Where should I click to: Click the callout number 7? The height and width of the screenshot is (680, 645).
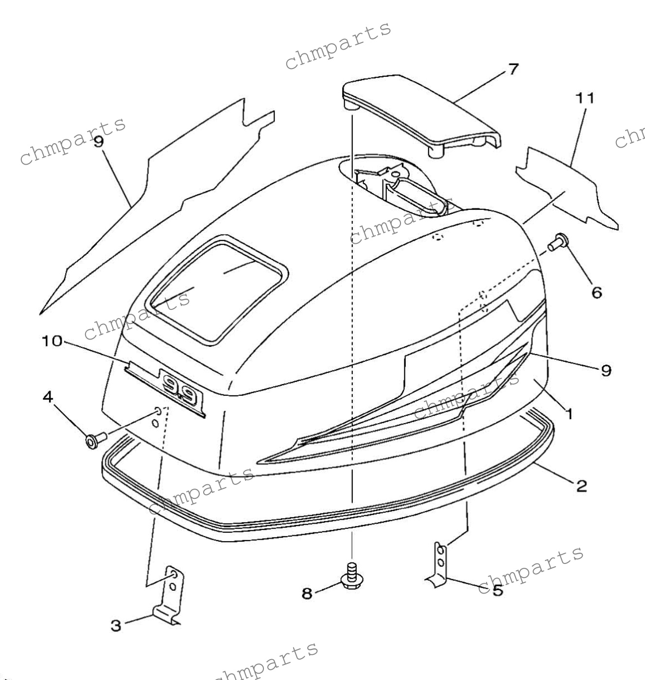[x=513, y=69]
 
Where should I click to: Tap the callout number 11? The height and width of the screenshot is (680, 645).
[x=585, y=98]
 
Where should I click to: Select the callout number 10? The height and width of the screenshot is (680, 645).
[x=52, y=341]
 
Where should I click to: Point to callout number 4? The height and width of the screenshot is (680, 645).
[x=48, y=397]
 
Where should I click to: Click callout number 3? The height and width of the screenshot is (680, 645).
[x=116, y=626]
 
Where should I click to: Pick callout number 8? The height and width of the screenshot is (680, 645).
[x=307, y=593]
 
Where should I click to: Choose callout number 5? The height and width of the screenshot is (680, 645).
[x=498, y=591]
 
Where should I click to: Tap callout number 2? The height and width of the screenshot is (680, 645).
[x=581, y=485]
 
